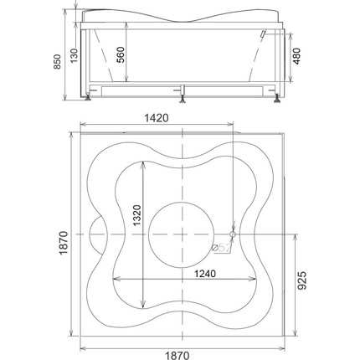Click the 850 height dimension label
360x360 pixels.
(x=57, y=62)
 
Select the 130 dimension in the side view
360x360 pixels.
(x=74, y=55)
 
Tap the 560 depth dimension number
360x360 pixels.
(x=121, y=54)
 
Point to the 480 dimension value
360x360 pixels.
(x=297, y=56)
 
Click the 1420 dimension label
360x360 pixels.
(x=157, y=118)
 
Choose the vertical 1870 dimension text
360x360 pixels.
(x=64, y=243)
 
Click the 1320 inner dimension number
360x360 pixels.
(x=137, y=215)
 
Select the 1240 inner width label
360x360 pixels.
(x=205, y=274)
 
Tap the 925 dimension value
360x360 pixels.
(x=301, y=280)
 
